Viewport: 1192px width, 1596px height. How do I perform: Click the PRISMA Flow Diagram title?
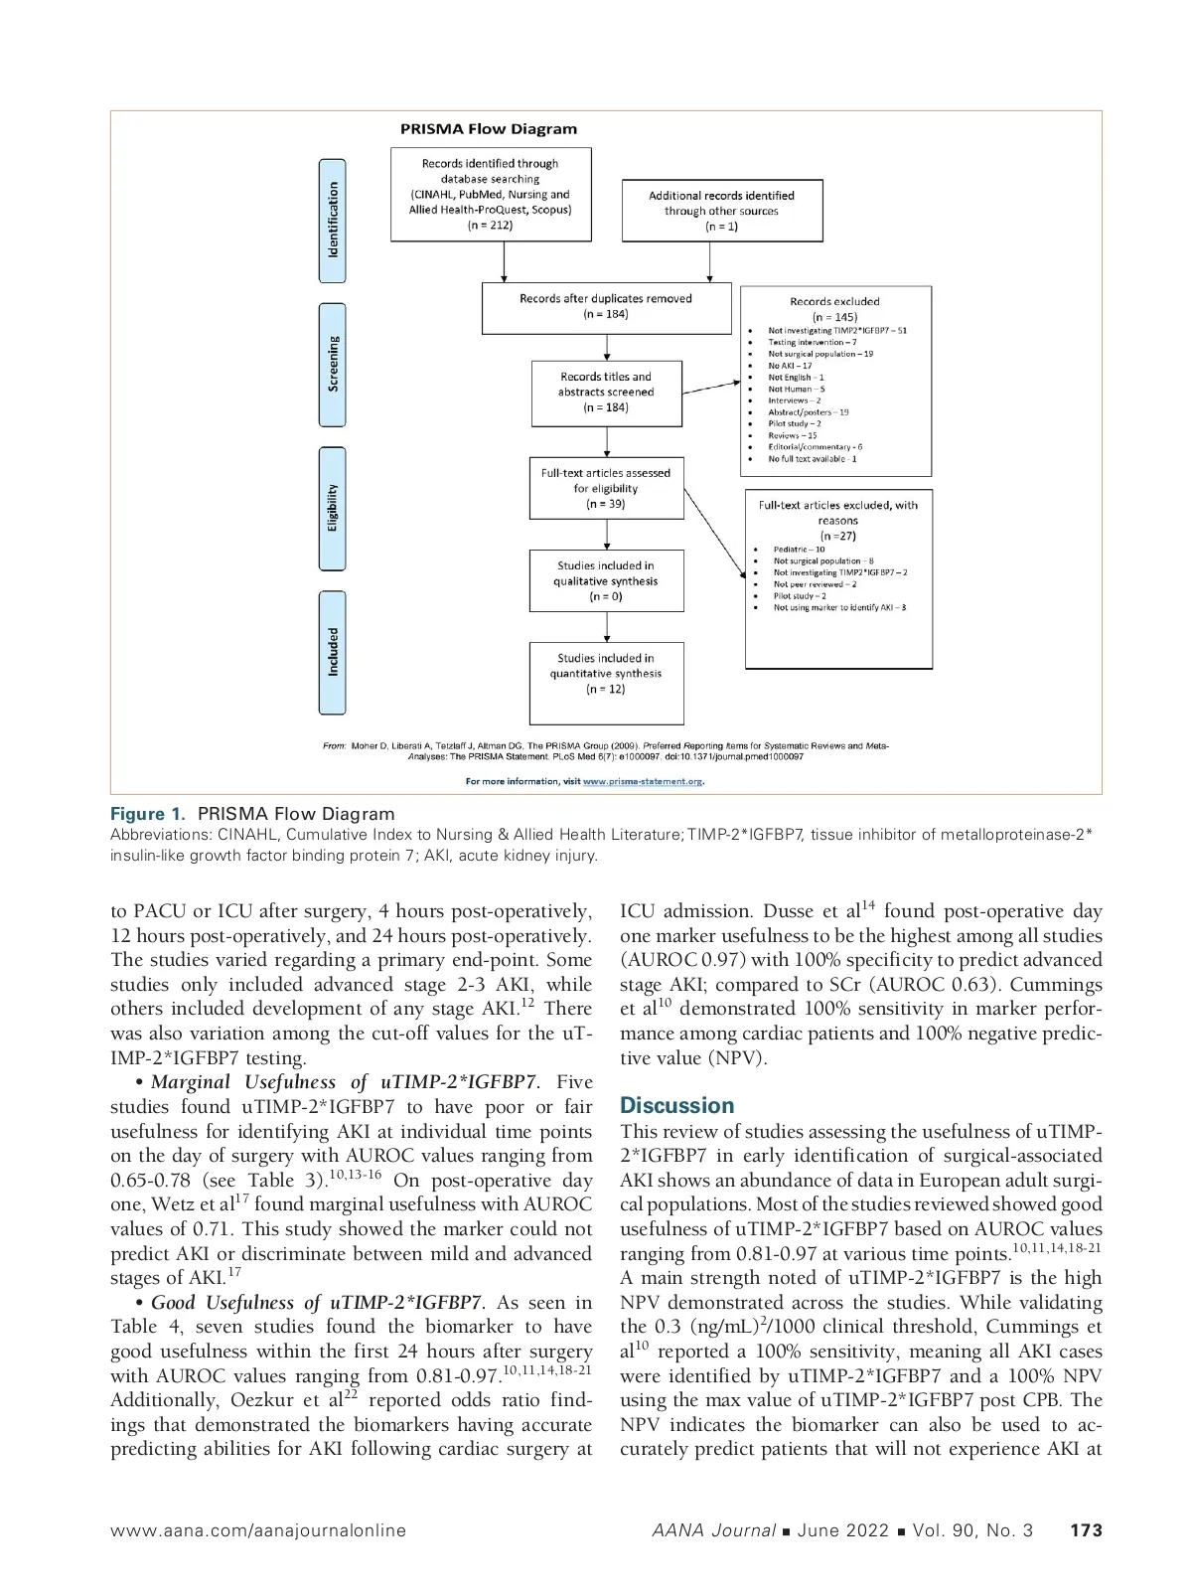pos(488,129)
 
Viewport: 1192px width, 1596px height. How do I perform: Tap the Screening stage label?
pos(333,365)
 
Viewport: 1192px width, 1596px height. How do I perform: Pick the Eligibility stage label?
pos(333,508)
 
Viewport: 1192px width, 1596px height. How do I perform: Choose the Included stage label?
pos(333,652)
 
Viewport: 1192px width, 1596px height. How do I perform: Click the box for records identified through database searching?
pos(491,195)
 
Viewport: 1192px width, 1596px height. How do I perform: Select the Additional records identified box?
pos(722,211)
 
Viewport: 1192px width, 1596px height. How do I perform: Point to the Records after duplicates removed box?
pos(606,307)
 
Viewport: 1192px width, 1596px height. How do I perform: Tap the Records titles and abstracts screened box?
pos(606,393)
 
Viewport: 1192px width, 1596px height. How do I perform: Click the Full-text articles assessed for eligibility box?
pos(606,489)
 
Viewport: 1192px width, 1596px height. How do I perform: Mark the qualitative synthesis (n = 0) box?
pos(606,581)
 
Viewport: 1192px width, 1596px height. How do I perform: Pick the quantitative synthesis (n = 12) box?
pos(606,674)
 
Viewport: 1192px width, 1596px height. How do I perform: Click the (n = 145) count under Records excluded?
pos(834,317)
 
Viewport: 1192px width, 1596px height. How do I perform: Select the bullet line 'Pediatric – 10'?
pos(799,550)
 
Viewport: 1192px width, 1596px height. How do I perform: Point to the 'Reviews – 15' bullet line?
pos(793,435)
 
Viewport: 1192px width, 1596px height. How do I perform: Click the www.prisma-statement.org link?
pos(642,781)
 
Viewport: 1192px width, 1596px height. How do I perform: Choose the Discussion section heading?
pos(676,1106)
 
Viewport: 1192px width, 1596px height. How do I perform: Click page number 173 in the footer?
pos(1086,1530)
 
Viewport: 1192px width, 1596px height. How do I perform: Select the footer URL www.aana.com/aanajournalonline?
pos(258,1530)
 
